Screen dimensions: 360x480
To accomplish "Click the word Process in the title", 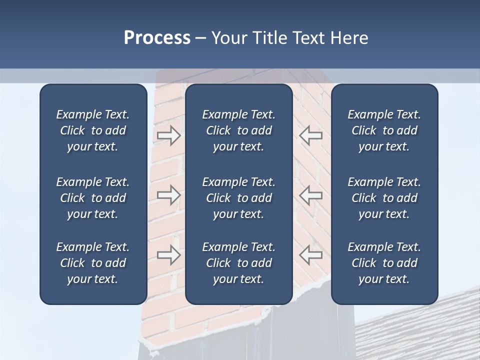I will click(x=157, y=38).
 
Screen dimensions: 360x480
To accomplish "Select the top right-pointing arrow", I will click(x=169, y=135).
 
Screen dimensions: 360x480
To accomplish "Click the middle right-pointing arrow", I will click(x=169, y=194).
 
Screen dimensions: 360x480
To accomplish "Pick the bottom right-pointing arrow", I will click(x=169, y=255).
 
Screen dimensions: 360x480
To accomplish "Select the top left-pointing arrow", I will click(x=310, y=135).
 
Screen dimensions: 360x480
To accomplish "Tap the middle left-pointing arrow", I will click(x=310, y=194).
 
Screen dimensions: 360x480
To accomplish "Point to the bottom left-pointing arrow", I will click(x=310, y=255).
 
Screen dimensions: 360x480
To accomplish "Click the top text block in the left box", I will click(x=93, y=130).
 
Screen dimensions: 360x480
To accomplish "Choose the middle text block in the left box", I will click(x=93, y=198).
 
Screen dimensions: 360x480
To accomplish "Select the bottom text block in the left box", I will click(x=93, y=263).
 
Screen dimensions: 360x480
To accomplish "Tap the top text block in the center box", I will click(x=239, y=130).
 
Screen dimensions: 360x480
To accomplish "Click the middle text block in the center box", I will click(x=239, y=198).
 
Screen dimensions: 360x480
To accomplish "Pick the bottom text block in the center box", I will click(x=239, y=263).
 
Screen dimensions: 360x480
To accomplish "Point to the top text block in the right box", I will click(x=384, y=130).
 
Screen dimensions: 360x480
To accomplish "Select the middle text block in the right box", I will click(x=384, y=198).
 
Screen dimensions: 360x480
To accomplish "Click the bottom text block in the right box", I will click(x=384, y=263).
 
